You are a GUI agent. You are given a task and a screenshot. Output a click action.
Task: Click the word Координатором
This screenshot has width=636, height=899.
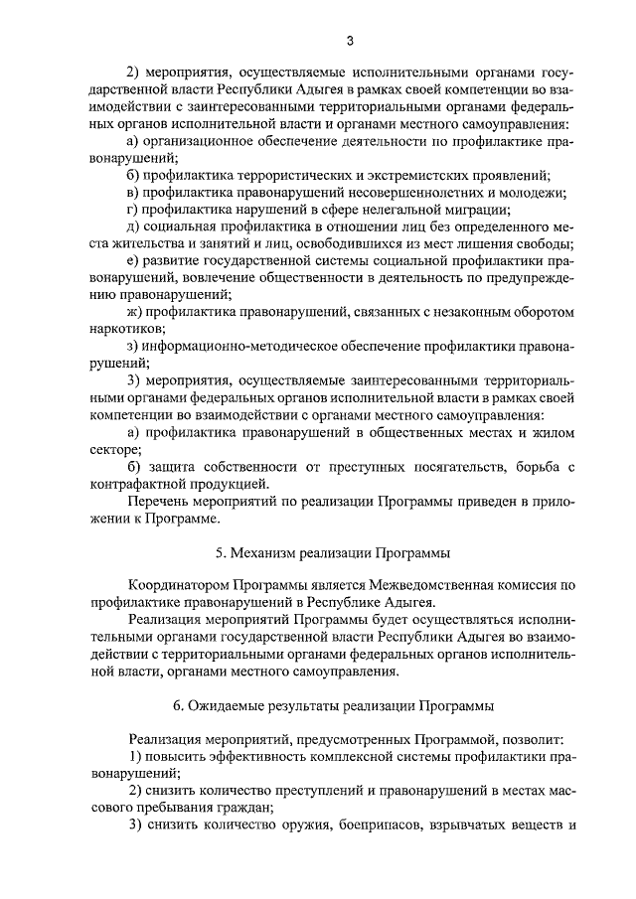[x=178, y=585]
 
